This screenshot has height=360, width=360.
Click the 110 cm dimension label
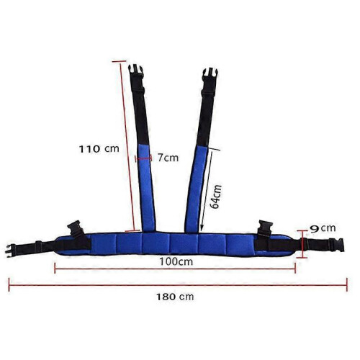[x=99, y=149]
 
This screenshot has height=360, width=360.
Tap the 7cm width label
[x=168, y=158]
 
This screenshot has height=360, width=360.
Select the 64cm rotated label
[x=215, y=197]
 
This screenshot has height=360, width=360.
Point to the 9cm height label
[x=323, y=228]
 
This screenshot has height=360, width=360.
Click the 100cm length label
[x=176, y=261]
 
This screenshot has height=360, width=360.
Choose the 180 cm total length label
[x=175, y=297]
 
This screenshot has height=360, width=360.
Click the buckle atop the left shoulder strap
[x=136, y=71]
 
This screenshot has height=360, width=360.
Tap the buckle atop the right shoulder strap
[x=210, y=75]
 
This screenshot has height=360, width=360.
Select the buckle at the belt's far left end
[x=11, y=251]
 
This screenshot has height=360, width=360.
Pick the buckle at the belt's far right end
[x=336, y=245]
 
